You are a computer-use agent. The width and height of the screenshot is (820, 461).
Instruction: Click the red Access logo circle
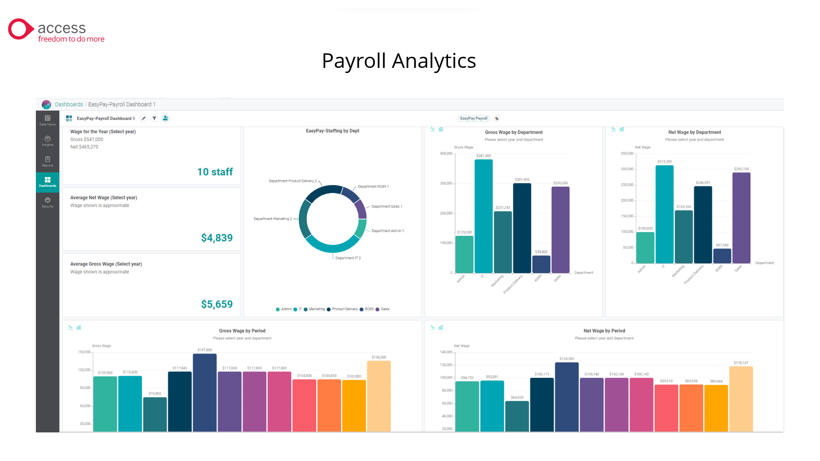pos(19,29)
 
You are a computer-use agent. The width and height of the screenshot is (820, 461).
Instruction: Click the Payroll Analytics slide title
pos(398,61)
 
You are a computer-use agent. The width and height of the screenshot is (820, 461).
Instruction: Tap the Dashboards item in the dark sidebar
pos(47,182)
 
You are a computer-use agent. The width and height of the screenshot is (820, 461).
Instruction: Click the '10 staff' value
pos(215,172)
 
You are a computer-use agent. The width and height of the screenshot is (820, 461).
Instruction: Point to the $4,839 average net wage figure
pos(217,238)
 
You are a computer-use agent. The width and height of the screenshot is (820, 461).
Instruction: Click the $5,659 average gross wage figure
pos(217,304)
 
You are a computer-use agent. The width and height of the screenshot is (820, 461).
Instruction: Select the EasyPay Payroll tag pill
pos(473,118)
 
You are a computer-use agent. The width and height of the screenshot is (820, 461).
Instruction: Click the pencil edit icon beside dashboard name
pos(143,118)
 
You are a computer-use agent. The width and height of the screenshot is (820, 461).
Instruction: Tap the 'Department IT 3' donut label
pos(348,258)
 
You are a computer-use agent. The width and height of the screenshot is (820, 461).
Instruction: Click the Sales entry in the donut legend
pos(385,309)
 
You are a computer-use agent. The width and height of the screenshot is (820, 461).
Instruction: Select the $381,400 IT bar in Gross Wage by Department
pos(483,216)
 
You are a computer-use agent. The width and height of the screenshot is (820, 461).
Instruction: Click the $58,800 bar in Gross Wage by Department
pos(541,264)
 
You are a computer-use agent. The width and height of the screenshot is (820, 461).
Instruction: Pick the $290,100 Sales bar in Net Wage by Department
pos(741,218)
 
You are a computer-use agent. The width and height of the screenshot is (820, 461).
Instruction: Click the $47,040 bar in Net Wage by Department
pos(722,256)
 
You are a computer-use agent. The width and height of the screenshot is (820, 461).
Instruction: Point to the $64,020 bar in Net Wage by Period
pos(517,416)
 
